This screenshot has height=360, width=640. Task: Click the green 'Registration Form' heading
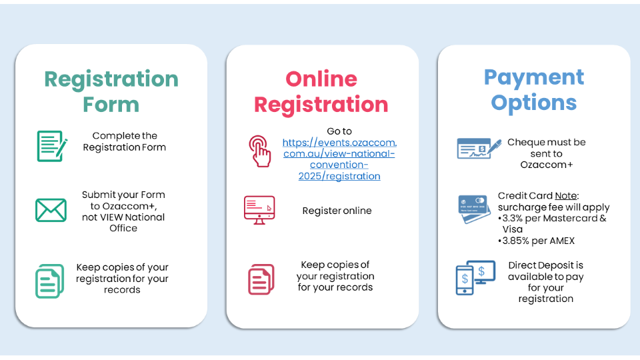coord(111,91)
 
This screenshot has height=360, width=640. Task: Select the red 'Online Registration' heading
coord(321,91)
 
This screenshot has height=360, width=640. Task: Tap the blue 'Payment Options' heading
coord(534,90)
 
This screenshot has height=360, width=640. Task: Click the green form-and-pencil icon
coord(52,146)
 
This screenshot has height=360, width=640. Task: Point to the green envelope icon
coord(51,210)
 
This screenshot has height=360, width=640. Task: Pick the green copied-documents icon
coord(50,281)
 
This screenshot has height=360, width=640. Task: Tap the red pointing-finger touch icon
coord(260,151)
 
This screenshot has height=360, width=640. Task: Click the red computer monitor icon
coord(259,210)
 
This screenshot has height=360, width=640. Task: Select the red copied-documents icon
coord(261,279)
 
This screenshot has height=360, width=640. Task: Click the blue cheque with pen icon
coord(479,149)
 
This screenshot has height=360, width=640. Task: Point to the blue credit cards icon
coord(474,209)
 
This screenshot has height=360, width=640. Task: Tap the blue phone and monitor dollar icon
coord(475,277)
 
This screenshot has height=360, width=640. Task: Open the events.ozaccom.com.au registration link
coord(339,159)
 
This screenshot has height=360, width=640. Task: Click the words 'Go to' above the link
coord(339,131)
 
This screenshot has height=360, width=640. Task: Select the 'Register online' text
coord(337,211)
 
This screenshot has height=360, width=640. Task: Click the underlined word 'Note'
coord(566,195)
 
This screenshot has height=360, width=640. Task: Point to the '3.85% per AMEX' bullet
coord(536,241)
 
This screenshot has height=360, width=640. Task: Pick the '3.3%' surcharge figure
coord(512,219)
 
